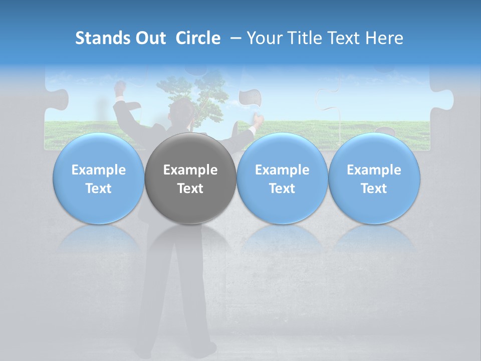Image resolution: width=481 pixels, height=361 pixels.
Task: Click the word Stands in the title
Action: pos(100,38)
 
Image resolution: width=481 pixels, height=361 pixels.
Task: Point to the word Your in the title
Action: pos(265,38)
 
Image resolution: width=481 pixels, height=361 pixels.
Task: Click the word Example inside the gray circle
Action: pos(190,170)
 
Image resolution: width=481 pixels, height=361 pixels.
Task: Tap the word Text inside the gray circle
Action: pos(190,189)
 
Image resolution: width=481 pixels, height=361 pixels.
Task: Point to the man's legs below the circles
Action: pos(175,301)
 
